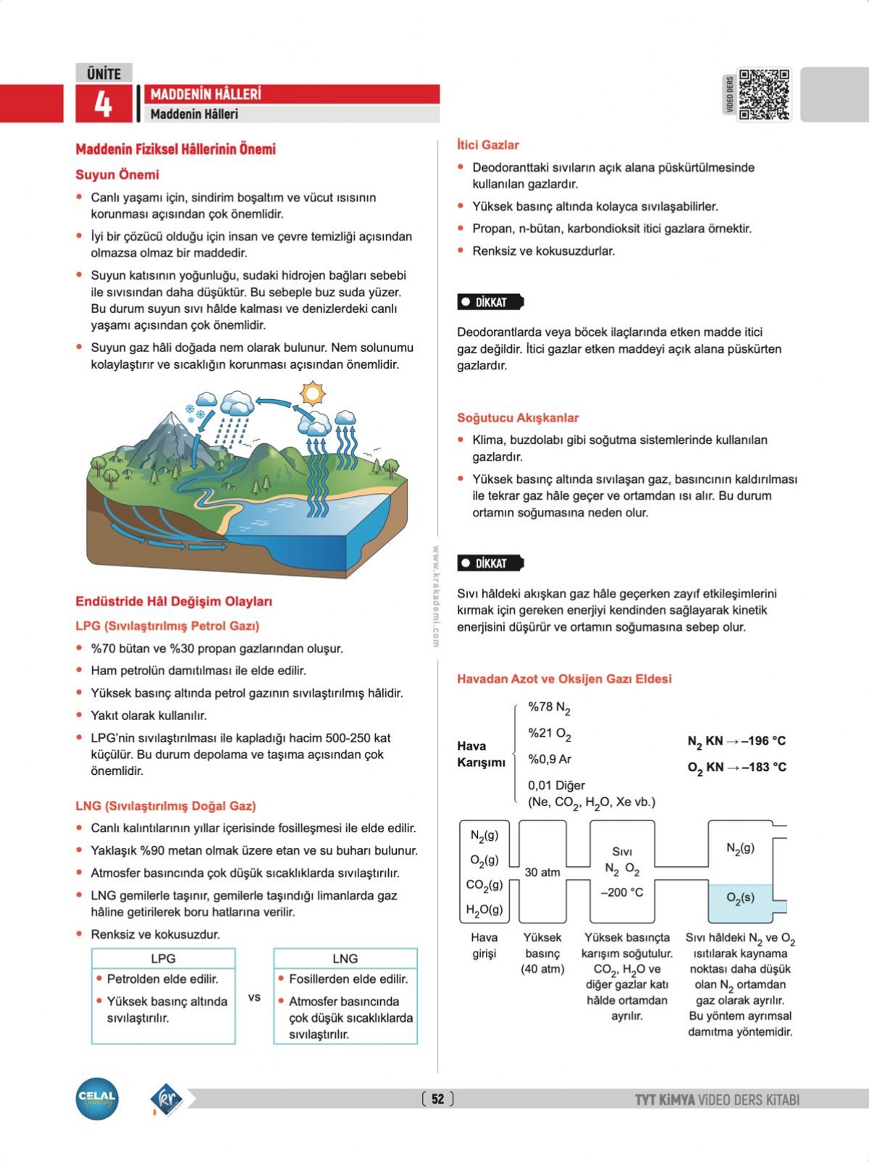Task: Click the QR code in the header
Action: tap(764, 94)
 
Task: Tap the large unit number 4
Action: tap(103, 104)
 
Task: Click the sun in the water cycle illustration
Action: tap(313, 393)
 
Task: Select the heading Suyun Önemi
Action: tap(117, 175)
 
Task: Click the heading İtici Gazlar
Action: tap(487, 145)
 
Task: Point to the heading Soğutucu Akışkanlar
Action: tap(517, 418)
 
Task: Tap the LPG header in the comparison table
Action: tap(163, 958)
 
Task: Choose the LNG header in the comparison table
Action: tap(345, 958)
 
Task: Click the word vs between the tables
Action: tap(254, 997)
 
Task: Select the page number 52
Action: tap(437, 1099)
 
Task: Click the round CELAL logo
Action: tap(97, 1098)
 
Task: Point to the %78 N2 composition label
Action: tap(549, 708)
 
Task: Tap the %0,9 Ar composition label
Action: tap(549, 759)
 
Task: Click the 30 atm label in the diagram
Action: tap(542, 872)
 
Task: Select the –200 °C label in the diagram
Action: tap(621, 892)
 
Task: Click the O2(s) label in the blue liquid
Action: tap(740, 897)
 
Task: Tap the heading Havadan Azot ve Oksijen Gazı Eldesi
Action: tap(564, 679)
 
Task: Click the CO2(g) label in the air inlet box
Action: tap(484, 885)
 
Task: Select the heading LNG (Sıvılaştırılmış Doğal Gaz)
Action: tap(165, 805)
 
